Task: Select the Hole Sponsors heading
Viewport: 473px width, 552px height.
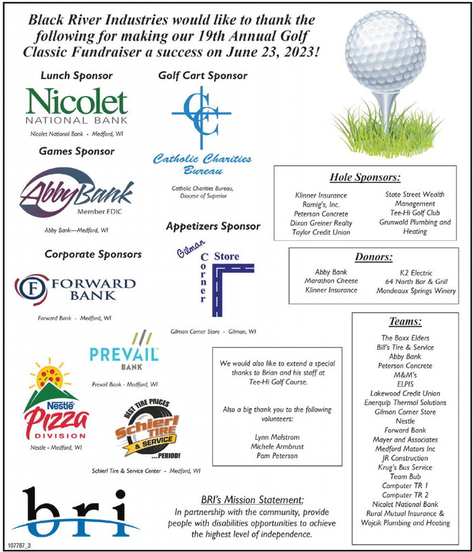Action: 365,177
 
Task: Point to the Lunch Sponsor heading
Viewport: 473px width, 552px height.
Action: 76,75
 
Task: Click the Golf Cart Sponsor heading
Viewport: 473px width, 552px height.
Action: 202,75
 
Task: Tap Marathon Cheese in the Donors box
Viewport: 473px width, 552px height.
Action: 331,281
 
